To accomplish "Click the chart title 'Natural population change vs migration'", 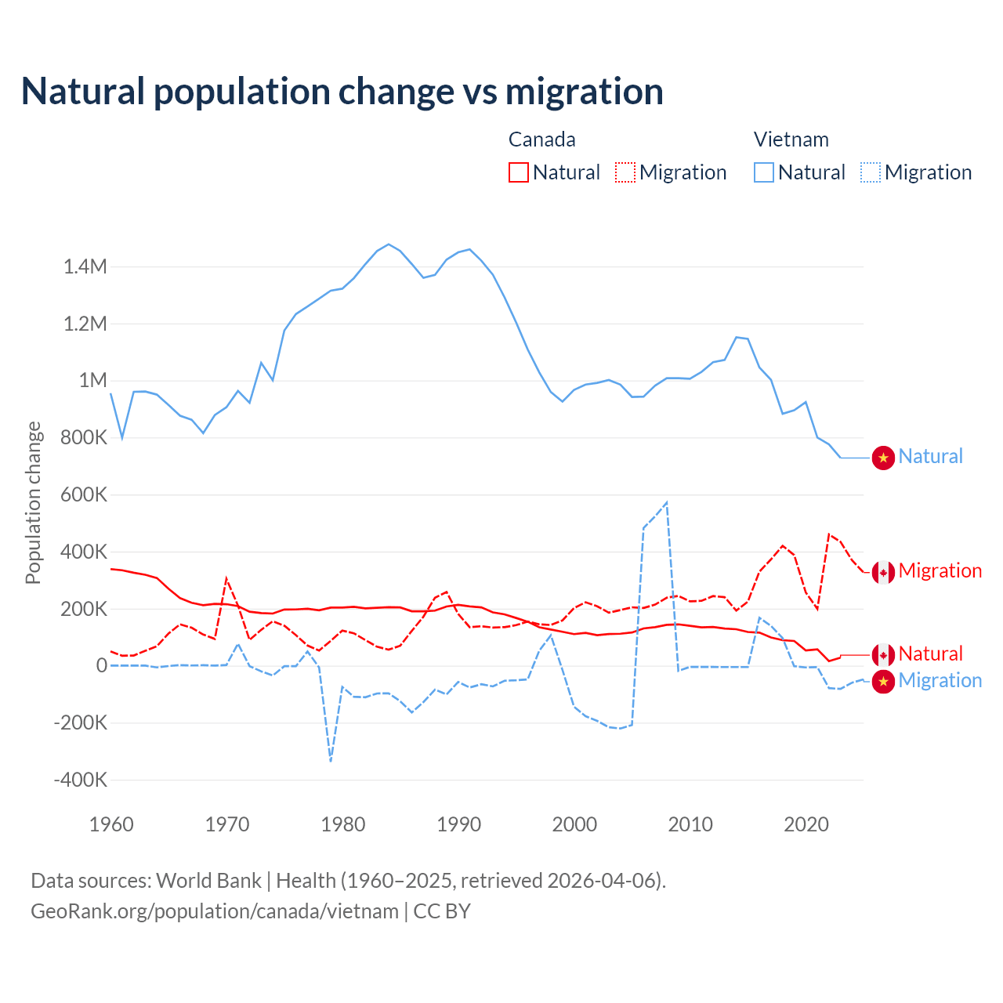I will [342, 92].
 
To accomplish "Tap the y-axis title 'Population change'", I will [33, 502].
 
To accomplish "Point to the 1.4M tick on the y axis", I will [85, 267].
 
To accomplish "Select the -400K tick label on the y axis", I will [81, 780].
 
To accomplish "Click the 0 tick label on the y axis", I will [102, 666].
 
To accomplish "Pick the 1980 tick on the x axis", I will [343, 824].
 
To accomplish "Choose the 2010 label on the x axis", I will [690, 824].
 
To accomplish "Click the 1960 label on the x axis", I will [111, 824].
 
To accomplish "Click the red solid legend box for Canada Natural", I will [519, 172].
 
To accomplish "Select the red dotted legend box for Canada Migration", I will [625, 172].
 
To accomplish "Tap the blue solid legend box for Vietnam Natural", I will [764, 172].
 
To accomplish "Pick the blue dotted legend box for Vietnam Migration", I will [871, 172].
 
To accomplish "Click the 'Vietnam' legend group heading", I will [791, 139].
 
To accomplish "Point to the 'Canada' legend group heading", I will [542, 139].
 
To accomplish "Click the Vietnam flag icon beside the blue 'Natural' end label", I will [883, 458].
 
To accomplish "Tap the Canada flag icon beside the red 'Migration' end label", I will [883, 572].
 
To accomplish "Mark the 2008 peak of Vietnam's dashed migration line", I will [666, 502].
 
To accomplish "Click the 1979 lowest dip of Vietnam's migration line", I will [331, 760].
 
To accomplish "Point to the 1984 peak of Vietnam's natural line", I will [389, 244].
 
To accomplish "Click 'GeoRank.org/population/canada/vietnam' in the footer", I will [215, 911].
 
